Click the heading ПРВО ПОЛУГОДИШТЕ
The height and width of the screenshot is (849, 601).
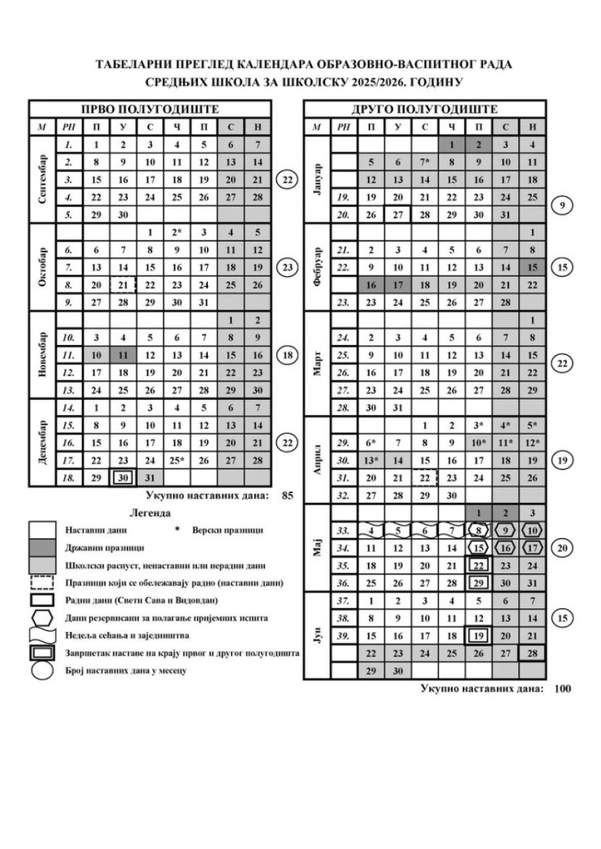click(x=150, y=109)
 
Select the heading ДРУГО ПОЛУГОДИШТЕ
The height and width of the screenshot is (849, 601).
click(x=425, y=109)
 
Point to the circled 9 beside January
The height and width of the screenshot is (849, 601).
click(x=563, y=206)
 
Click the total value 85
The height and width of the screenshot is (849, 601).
click(x=288, y=496)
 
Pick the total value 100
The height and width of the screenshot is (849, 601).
click(x=563, y=688)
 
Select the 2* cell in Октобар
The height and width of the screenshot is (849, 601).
click(x=177, y=233)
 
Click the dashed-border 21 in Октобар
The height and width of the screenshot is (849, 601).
click(x=123, y=285)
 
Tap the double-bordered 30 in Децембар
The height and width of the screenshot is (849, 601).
click(x=123, y=479)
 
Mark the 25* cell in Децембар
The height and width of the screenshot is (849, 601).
click(x=177, y=461)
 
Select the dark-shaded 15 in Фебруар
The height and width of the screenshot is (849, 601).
click(x=532, y=268)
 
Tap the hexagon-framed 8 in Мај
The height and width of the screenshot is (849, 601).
click(x=478, y=531)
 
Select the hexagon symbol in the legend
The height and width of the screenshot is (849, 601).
click(x=42, y=617)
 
